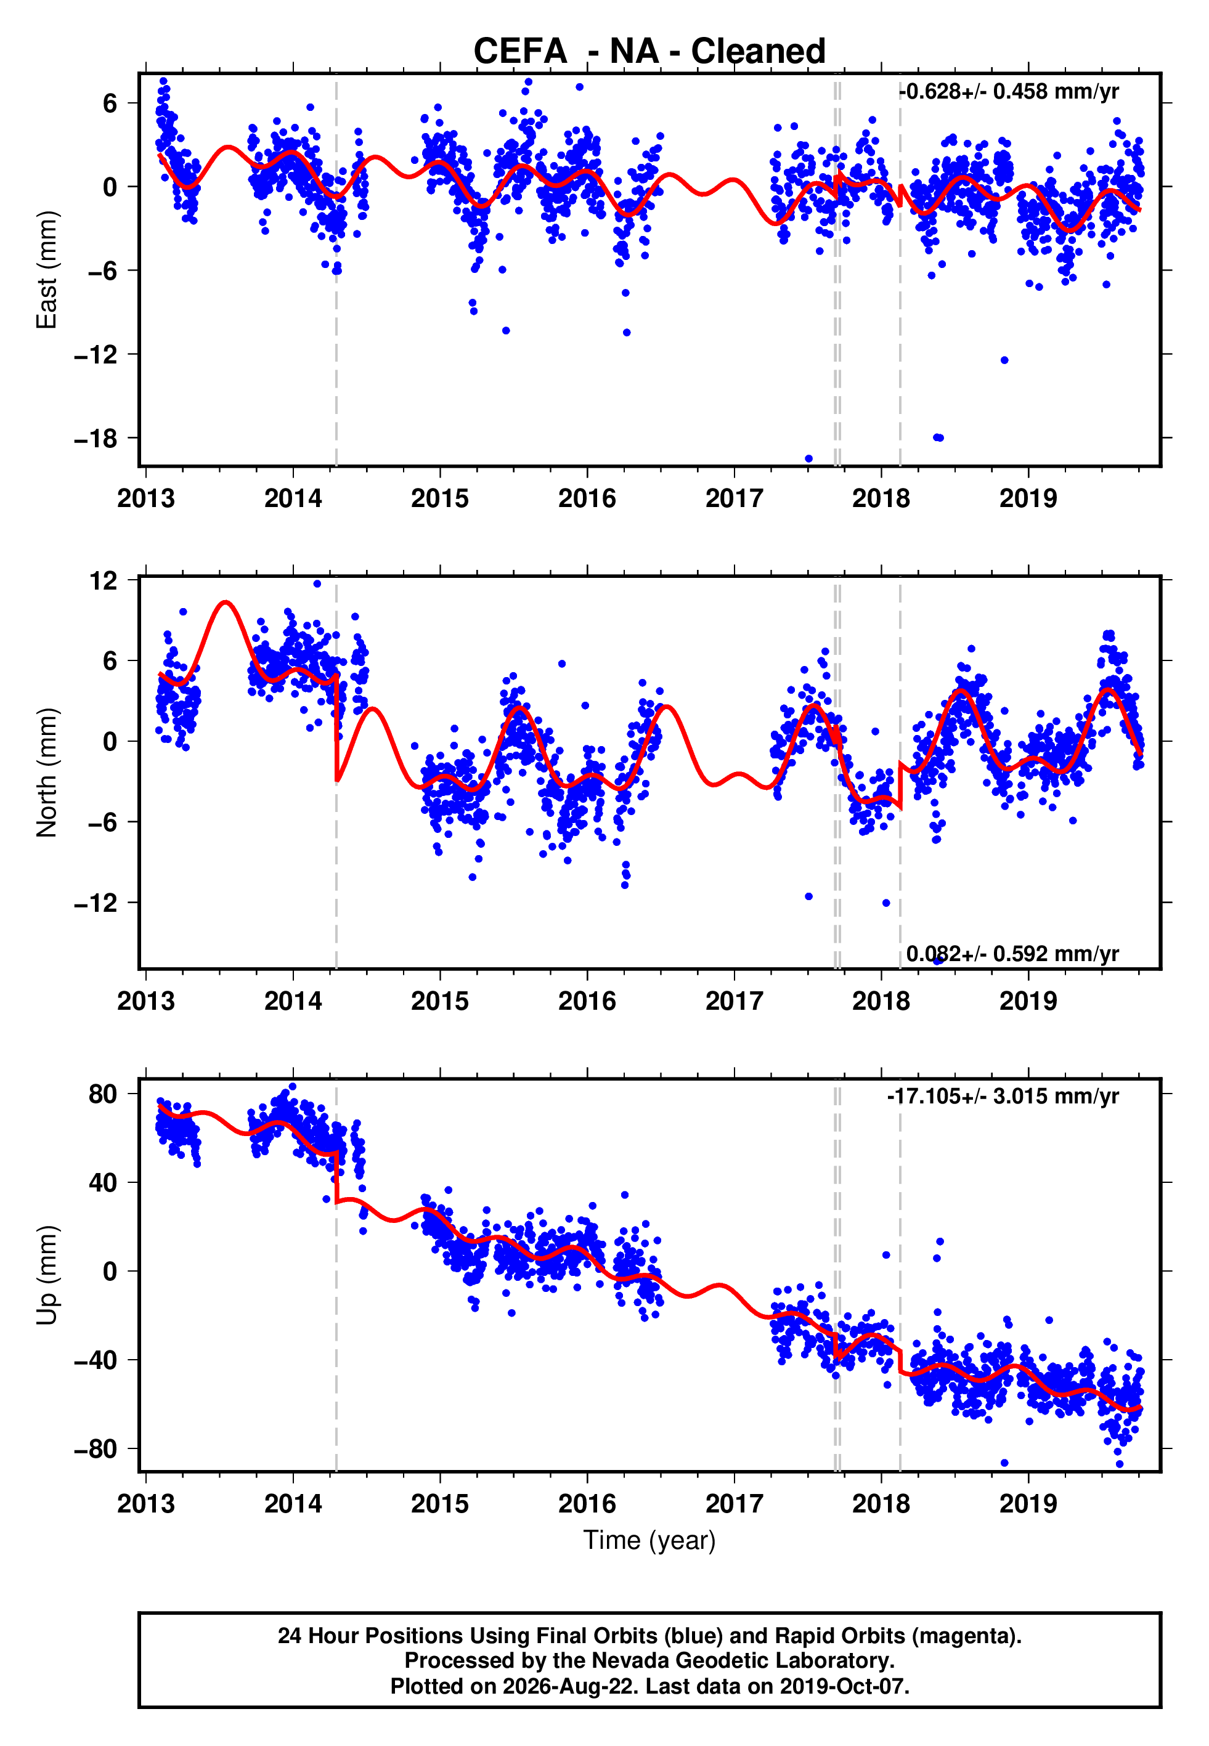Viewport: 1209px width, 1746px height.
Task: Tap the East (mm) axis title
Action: coord(47,270)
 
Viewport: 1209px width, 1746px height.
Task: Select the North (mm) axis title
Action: coord(47,773)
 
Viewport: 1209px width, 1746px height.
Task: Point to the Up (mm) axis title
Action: coord(47,1275)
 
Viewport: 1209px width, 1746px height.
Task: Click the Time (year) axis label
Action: coord(649,1541)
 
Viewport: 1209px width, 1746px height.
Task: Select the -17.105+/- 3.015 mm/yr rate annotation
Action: coord(1003,1097)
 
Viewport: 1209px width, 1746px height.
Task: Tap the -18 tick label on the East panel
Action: coord(96,439)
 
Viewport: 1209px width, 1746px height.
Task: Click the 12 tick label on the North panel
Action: coord(104,581)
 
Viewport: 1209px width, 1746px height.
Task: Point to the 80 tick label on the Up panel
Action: coord(103,1094)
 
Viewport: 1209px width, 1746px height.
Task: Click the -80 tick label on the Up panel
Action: coord(96,1449)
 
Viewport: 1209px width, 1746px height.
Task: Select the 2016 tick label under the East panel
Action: coord(587,498)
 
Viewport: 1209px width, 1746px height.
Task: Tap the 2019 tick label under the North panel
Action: coord(1028,1001)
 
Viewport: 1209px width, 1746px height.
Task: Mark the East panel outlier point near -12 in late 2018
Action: coord(1004,360)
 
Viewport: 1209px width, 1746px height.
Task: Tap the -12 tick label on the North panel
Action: coord(96,903)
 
